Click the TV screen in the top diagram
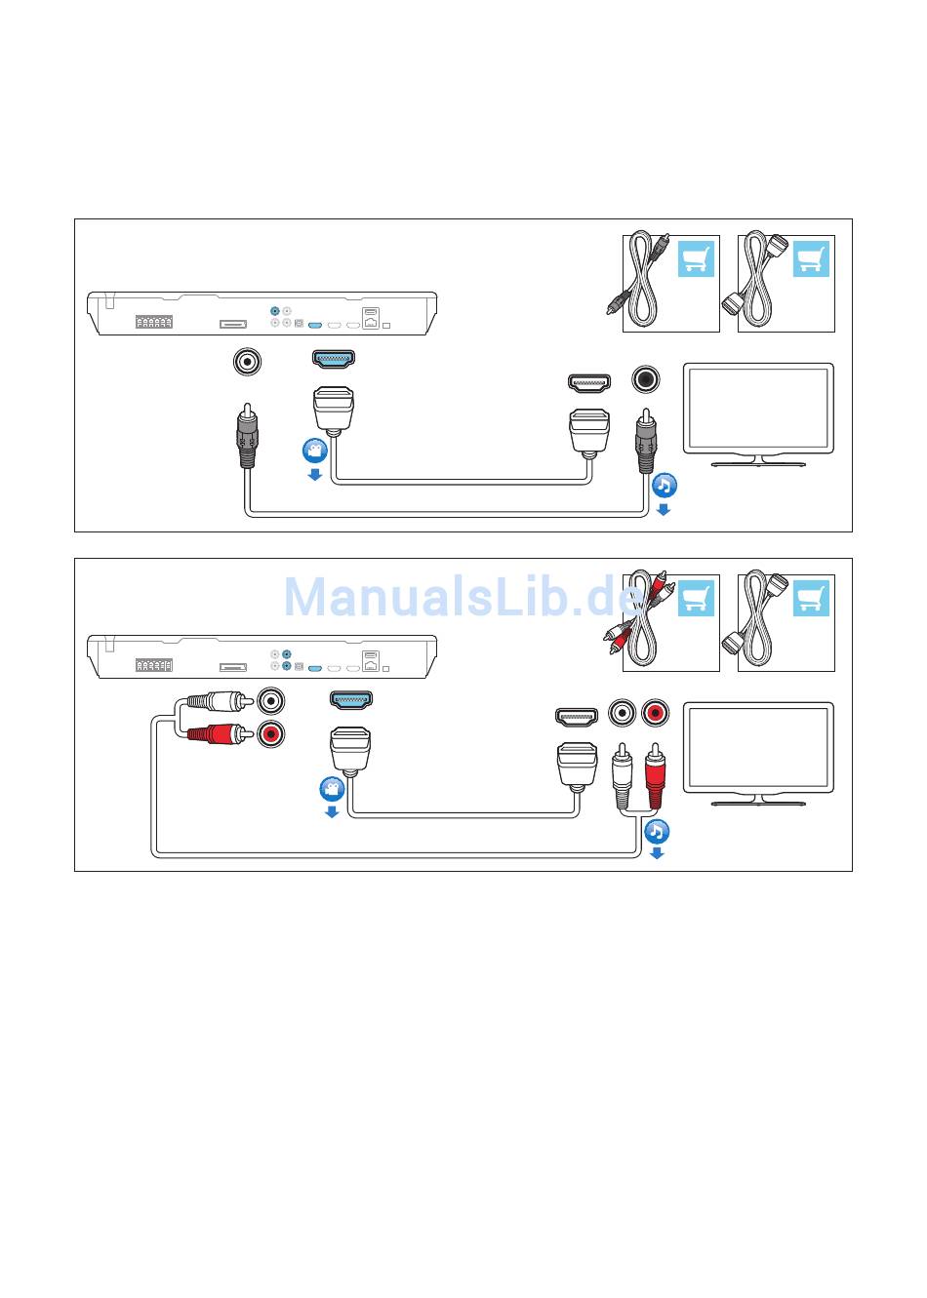758,408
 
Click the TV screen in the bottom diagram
758,747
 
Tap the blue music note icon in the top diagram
664,485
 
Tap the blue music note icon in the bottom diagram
657,831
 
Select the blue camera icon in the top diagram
314,451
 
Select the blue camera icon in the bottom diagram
332,788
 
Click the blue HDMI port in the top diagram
333,359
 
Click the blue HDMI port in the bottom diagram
351,699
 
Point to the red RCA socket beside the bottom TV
655,714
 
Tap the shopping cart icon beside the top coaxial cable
696,259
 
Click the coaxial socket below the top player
248,362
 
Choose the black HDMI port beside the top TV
589,382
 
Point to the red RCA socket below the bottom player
271,733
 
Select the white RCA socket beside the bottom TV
622,714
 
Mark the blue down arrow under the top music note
664,509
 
